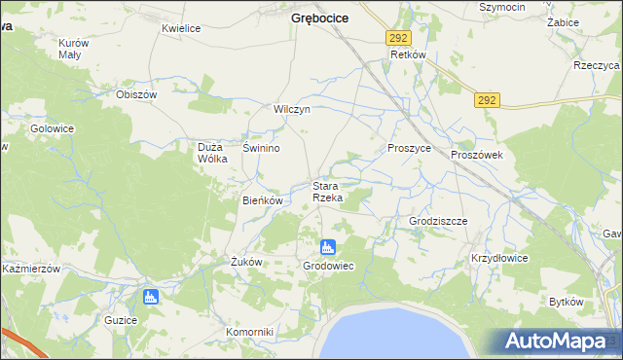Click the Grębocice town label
point(320,18)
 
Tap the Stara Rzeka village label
point(326,192)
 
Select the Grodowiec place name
point(328,266)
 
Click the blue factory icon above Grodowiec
point(328,247)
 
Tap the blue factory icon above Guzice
point(150,297)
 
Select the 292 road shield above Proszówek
point(488,99)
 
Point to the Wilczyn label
point(292,110)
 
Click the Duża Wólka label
point(212,153)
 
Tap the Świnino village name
point(262,148)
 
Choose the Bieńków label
point(262,200)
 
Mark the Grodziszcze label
point(438,221)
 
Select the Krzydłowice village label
point(499,259)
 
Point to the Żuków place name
point(247,262)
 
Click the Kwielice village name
point(181,29)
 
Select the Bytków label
point(566,302)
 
